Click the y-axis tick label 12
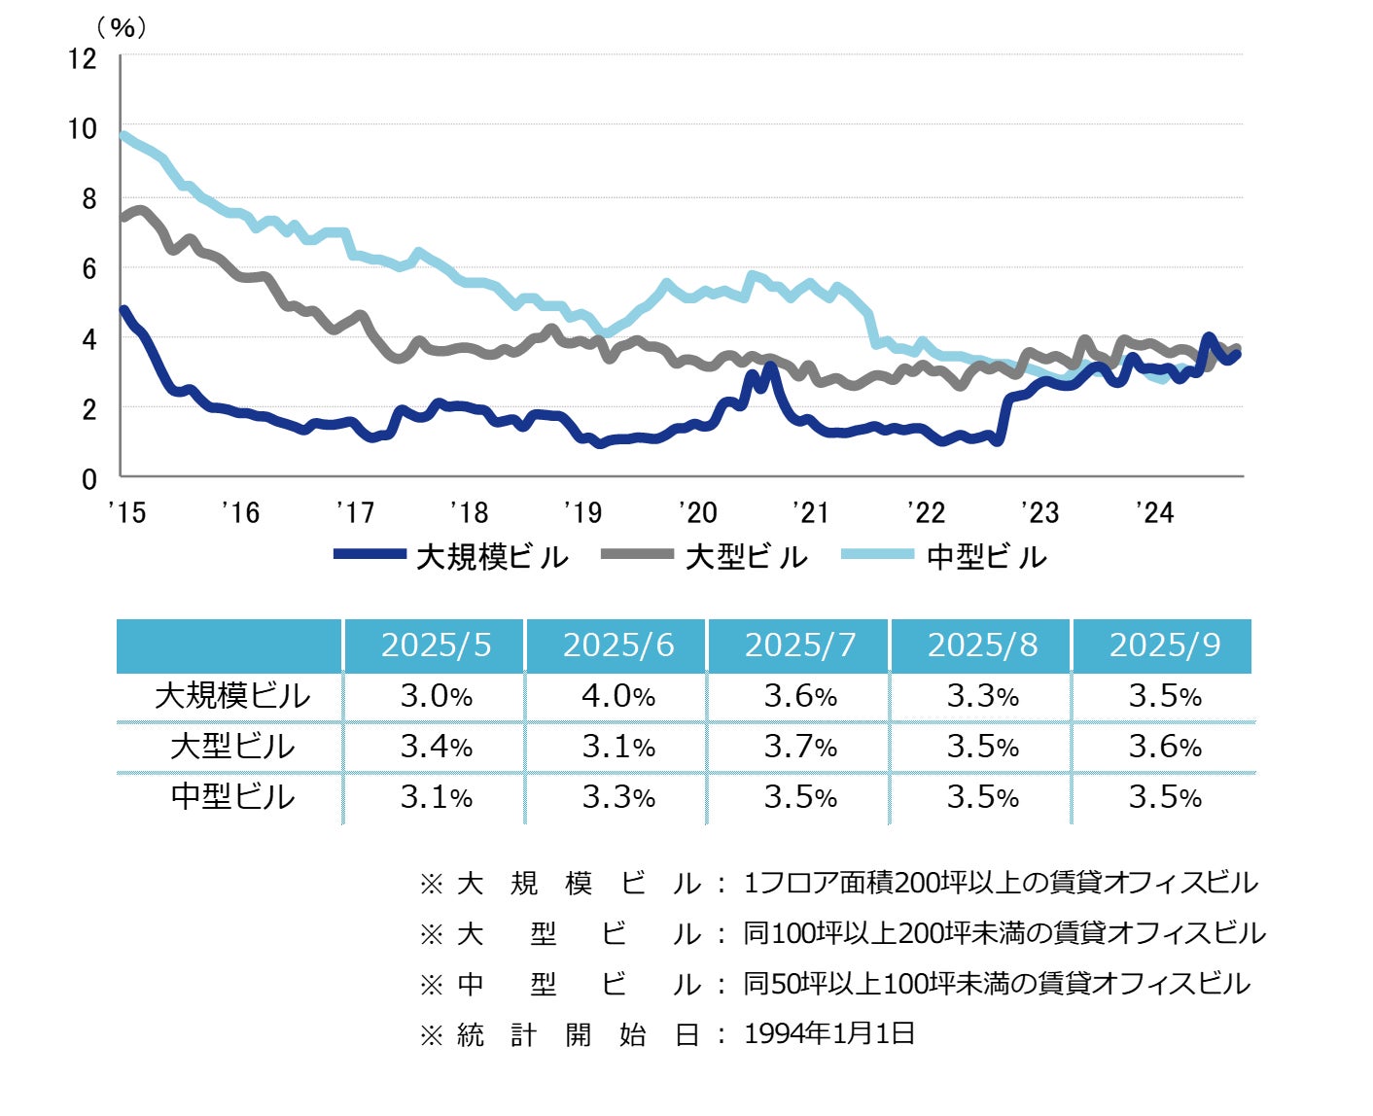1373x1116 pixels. tap(83, 58)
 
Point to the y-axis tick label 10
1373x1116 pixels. tap(83, 128)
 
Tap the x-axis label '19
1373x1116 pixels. tap(582, 512)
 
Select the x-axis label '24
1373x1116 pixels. tap(1154, 512)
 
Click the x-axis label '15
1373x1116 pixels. tap(126, 512)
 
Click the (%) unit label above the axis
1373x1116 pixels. tap(123, 27)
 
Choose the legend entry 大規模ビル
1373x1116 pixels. tap(491, 557)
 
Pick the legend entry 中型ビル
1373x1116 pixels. tap(986, 557)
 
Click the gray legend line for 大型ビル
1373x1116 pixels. tap(637, 554)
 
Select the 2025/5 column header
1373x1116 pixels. tap(436, 645)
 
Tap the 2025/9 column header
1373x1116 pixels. tap(1164, 645)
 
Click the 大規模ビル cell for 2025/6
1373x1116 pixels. tap(618, 696)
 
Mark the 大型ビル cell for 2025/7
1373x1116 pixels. tap(800, 747)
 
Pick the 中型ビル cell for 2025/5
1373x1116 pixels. tap(436, 797)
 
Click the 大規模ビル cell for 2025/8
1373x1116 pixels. tap(982, 696)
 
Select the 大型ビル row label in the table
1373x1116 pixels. tap(231, 747)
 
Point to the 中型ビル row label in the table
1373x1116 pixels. tap(231, 797)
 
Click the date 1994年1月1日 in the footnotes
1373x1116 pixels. tap(828, 1033)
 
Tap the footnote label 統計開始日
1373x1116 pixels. tap(578, 1034)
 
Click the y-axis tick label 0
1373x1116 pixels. tap(89, 478)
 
